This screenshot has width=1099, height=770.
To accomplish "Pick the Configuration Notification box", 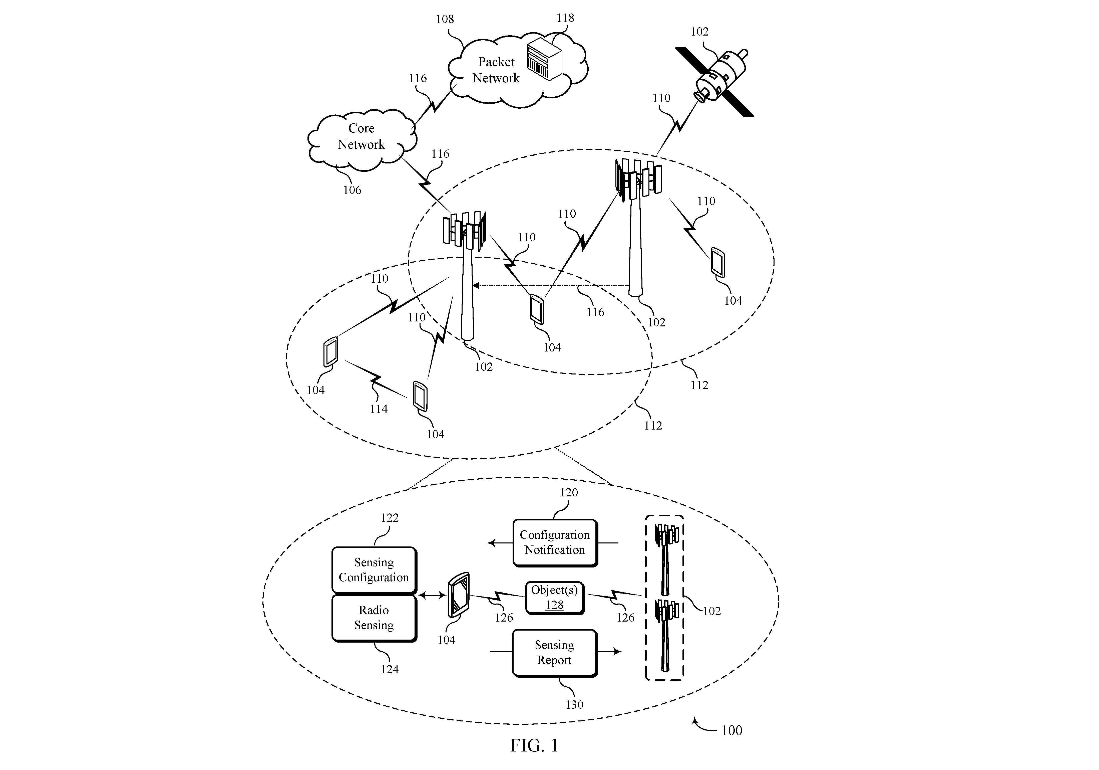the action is coord(555,542).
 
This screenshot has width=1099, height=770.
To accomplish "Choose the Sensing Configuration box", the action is coord(374,570).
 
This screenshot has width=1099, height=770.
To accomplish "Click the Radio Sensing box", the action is coord(374,618).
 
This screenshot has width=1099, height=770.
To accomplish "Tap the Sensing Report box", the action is coord(555,653).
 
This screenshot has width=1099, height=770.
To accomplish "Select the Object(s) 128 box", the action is coord(555,598).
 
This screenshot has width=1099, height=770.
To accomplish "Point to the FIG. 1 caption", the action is coord(534,745).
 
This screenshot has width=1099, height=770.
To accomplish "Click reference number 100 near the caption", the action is coord(731,730).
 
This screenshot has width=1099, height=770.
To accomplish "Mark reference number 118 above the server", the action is coord(565,18).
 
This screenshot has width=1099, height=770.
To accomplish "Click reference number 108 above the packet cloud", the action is coord(445,19).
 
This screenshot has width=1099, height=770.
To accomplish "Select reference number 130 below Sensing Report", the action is coord(574,704).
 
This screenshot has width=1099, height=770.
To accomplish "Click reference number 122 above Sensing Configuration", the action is coord(390,518).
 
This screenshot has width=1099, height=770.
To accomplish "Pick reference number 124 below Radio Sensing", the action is coord(390,669).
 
